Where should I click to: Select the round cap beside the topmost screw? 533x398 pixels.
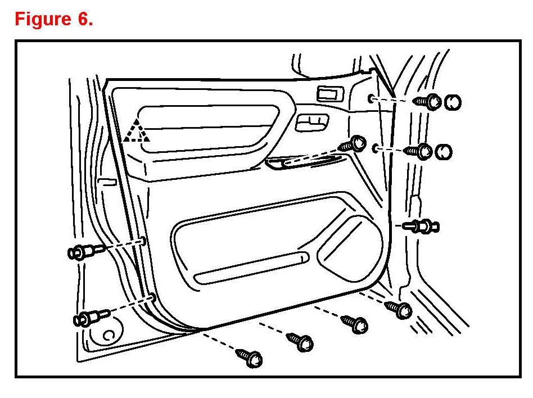click(453, 102)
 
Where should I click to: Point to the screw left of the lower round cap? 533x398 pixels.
click(419, 151)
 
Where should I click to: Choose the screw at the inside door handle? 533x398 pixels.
click(354, 143)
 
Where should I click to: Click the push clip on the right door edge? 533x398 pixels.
click(422, 227)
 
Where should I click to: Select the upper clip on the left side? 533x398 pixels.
click(84, 251)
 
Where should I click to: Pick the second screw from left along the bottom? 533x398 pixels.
click(301, 341)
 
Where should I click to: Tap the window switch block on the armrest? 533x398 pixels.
click(312, 122)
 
